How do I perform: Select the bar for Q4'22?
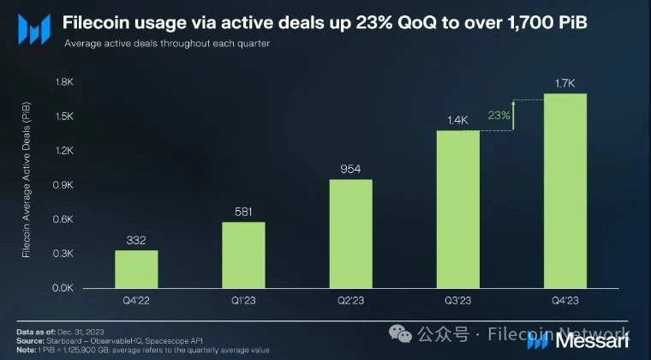pos(136,268)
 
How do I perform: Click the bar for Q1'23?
pos(243,255)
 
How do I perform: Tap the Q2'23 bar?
pos(350,233)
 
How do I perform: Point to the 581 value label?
pos(243,210)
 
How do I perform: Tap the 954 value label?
pos(350,167)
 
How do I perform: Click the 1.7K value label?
pos(565,82)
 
